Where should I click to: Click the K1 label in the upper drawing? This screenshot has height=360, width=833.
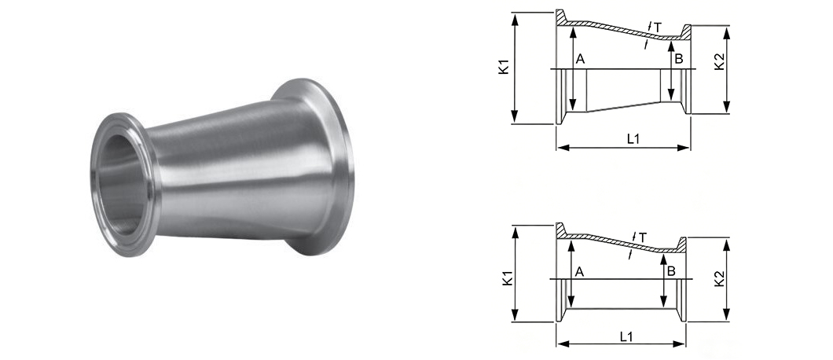pos(505,67)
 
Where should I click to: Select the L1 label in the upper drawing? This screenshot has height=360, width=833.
pos(633,139)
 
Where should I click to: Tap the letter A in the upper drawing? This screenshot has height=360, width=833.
pos(580,59)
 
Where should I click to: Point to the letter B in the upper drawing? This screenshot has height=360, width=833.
pos(678,59)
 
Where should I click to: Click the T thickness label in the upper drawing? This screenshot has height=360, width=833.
pos(658,28)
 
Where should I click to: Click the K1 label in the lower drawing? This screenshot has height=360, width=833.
pos(507,278)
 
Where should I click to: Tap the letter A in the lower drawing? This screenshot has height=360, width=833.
pos(580,272)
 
